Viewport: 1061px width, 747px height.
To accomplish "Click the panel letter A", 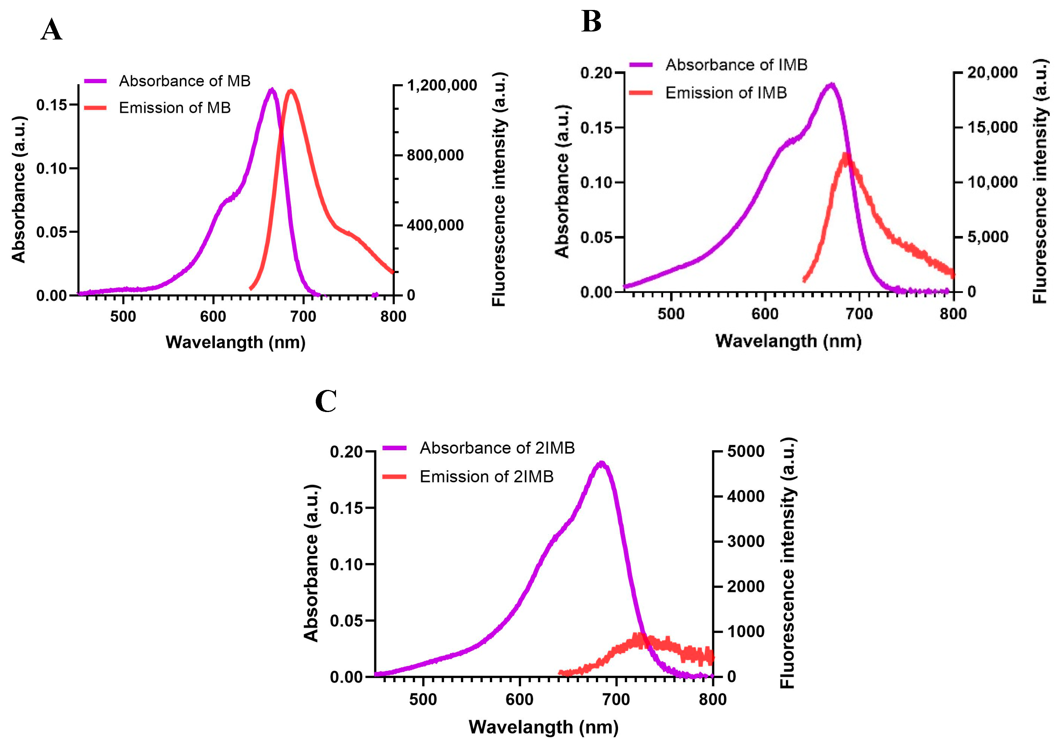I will pos(51,30).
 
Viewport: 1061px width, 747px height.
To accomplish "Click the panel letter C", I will pos(326,401).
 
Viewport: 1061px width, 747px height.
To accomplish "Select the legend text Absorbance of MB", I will pos(184,81).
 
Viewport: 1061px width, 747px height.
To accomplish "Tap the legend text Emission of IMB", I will pos(726,93).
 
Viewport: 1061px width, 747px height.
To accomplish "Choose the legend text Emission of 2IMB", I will pos(486,476).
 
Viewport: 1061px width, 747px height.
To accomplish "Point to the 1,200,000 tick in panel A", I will pos(442,85).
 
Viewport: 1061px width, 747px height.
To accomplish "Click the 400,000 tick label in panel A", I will pos(435,225).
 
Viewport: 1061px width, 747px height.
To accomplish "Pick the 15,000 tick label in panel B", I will pos(992,127).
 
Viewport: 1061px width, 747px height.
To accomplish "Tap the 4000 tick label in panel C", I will pos(745,496).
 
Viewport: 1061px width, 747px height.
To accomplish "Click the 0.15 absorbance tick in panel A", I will pos(51,105).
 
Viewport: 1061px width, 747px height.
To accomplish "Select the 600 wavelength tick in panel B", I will pos(765,314).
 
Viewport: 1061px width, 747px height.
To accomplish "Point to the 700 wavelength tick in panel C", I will pos(616,699).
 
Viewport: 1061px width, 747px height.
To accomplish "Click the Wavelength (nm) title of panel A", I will pos(235,342).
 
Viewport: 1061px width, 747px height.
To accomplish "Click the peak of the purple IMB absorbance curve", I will pos(831,85).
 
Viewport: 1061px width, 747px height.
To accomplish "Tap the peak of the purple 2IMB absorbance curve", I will pos(601,463).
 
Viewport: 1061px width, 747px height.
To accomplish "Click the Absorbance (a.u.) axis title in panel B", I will pos(562,181).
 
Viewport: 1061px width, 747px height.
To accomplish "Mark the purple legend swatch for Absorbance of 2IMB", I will pos(394,448).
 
